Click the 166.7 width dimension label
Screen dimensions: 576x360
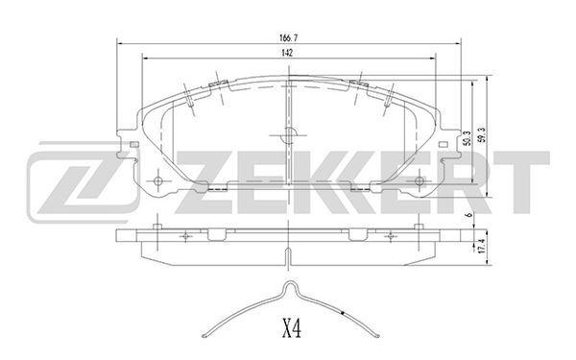coord(288,37)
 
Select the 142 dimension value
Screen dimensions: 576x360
coord(287,53)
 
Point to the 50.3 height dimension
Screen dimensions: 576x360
coord(467,138)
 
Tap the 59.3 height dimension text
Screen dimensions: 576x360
coord(482,134)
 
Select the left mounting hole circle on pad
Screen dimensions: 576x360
coord(158,181)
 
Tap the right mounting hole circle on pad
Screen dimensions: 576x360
coord(420,180)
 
